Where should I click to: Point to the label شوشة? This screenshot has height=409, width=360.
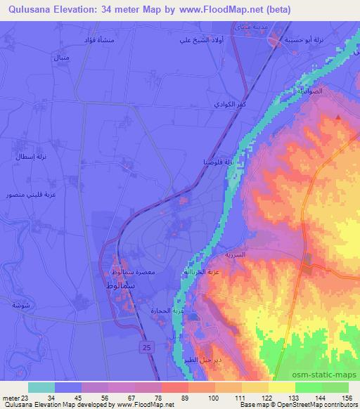[x=21, y=304]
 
